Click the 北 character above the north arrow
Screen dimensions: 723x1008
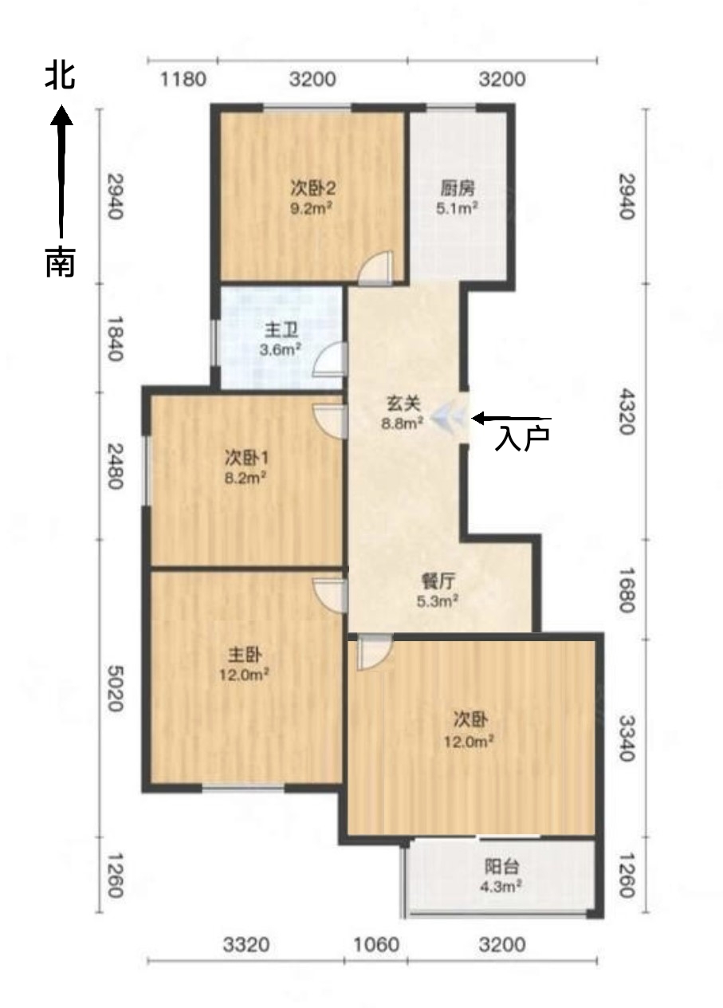point(60,75)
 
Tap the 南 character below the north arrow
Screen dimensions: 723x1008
point(61,262)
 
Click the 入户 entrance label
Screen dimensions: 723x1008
point(522,439)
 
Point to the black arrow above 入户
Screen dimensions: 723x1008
point(511,418)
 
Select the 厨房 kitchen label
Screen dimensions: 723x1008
point(457,188)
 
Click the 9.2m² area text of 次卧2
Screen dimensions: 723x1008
point(312,208)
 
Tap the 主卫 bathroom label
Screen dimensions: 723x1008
point(281,331)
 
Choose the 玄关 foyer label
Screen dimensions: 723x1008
point(403,404)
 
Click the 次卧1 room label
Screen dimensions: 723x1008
point(246,458)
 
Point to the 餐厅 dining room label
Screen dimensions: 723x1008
point(438,582)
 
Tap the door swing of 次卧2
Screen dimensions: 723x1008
point(376,267)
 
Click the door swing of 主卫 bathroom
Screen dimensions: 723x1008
point(330,359)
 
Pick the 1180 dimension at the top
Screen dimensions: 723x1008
point(183,80)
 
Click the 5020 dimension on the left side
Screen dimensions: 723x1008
point(116,688)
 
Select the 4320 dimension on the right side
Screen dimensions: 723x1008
point(627,411)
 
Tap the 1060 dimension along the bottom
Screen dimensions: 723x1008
point(376,944)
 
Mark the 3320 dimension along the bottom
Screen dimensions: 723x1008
point(246,944)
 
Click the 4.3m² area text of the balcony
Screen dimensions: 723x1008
point(501,887)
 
